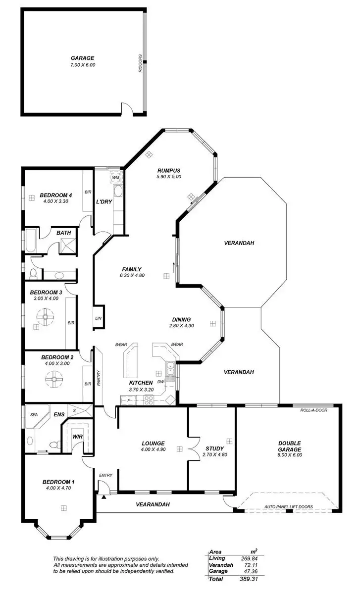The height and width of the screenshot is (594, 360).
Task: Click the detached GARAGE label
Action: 82,58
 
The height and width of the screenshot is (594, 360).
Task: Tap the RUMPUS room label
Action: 169,169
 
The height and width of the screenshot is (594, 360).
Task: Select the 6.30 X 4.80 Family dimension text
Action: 132,276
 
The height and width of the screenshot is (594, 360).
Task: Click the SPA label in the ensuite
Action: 34,414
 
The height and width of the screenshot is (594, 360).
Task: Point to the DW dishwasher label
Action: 160,382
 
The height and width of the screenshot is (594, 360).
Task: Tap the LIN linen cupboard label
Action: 98,318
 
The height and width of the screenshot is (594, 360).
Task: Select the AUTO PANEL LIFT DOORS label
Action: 288,507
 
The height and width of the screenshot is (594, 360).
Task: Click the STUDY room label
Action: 214,448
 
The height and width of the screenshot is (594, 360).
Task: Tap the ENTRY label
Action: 105,475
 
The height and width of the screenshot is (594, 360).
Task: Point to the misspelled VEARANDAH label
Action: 153,504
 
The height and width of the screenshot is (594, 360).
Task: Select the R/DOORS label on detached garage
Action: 140,63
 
